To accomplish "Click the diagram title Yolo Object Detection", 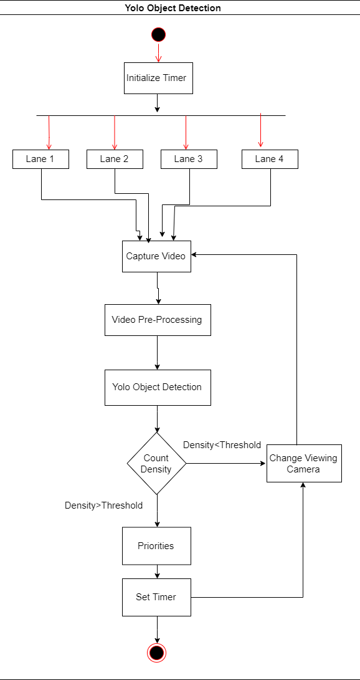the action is (173, 8).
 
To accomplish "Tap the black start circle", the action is (159, 34).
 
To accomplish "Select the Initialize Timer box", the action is (159, 78).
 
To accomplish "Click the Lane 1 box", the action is (40, 159).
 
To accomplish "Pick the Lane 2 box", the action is (115, 159).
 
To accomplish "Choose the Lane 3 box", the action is (189, 159).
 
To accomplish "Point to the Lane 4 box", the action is (270, 159).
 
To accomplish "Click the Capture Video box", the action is (156, 256).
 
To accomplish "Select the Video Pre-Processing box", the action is (158, 320).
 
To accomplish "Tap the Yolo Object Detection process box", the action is (158, 387).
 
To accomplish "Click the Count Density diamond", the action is (156, 464).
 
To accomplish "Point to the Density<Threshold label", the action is (222, 445).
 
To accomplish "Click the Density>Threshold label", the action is (103, 505).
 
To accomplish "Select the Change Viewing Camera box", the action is (304, 464).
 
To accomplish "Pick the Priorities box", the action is (156, 546).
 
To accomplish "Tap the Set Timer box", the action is (156, 597).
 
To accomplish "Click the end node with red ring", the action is (157, 652).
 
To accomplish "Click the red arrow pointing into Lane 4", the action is (260, 130).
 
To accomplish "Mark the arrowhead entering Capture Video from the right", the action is (194, 255).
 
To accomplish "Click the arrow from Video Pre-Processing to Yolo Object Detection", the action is (157, 353).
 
